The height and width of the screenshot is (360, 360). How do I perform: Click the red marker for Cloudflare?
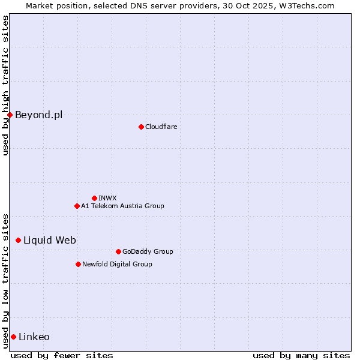pyautogui.click(x=141, y=127)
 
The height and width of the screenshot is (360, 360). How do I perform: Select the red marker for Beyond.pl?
pyautogui.click(x=10, y=115)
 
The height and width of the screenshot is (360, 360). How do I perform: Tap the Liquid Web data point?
pyautogui.click(x=18, y=240)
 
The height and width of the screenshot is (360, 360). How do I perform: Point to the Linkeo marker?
pyautogui.click(x=13, y=337)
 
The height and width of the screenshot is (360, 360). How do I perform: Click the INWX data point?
pyautogui.click(x=94, y=198)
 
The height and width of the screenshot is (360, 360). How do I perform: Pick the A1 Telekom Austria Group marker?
pyautogui.click(x=77, y=206)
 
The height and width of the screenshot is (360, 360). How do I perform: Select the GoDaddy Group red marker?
pyautogui.click(x=118, y=251)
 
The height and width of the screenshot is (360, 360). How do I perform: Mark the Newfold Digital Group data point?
pyautogui.click(x=78, y=264)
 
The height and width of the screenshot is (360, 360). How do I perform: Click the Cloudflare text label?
pyautogui.click(x=161, y=127)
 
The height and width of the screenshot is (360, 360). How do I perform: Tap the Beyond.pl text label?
pyautogui.click(x=38, y=115)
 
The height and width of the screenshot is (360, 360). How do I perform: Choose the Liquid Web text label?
pyautogui.click(x=50, y=240)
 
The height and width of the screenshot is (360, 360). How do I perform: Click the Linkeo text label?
pyautogui.click(x=34, y=337)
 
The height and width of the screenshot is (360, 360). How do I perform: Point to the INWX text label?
pyautogui.click(x=107, y=198)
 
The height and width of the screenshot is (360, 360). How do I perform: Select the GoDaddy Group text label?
pyautogui.click(x=148, y=251)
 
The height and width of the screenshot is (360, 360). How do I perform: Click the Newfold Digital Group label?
pyautogui.click(x=117, y=264)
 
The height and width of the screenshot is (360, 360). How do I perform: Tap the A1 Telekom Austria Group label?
pyautogui.click(x=122, y=206)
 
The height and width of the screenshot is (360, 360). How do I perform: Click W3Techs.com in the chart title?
pyautogui.click(x=310, y=5)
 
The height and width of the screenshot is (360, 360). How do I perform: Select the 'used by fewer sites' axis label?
pyautogui.click(x=62, y=355)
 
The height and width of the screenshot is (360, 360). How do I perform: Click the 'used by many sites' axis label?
pyautogui.click(x=301, y=355)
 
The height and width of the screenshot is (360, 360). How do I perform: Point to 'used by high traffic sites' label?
pyautogui.click(x=5, y=85)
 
